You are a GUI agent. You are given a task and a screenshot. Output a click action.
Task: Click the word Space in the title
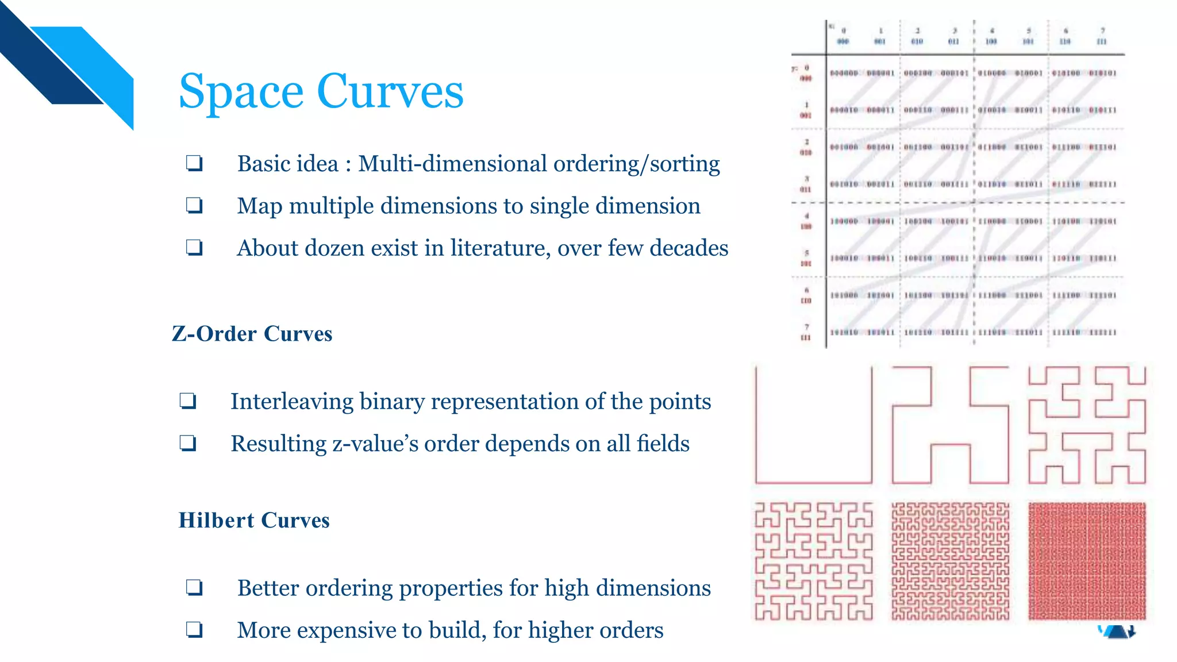point(241,92)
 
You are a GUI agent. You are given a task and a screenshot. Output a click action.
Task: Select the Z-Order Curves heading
point(252,334)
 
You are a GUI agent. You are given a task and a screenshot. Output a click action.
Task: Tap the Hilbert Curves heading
point(254,521)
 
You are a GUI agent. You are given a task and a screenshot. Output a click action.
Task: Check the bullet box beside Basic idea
point(194,164)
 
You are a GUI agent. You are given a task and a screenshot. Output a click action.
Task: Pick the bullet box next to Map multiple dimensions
point(194,206)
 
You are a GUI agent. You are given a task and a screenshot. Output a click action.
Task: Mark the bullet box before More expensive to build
point(194,630)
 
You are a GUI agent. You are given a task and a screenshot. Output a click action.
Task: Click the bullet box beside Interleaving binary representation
point(188,401)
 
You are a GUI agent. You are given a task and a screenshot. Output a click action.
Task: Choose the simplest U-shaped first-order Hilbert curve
point(813,425)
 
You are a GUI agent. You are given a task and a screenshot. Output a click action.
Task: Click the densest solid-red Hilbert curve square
point(1087,561)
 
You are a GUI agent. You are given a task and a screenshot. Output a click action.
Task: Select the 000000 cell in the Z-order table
point(844,74)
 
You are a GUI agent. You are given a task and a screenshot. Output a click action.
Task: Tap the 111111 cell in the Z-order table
point(1102,332)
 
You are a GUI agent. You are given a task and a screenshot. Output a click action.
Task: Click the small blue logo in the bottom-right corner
point(1117,632)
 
